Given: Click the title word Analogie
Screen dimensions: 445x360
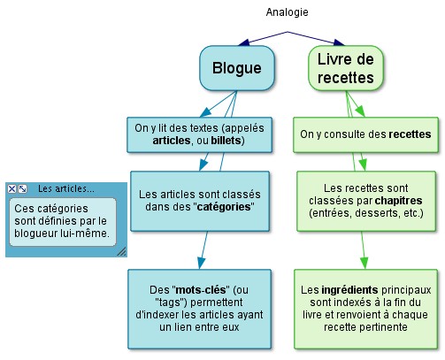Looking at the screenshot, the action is point(287,12).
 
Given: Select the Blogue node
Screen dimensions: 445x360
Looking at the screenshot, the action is point(237,68).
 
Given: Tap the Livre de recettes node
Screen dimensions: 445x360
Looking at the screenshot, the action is point(346,68).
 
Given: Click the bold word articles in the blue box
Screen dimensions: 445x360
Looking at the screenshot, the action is point(172,141).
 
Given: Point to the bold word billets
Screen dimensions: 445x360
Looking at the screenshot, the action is point(226,141).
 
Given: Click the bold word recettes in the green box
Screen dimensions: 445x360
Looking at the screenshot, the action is point(410,134).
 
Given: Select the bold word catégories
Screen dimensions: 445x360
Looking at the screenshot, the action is point(224,207).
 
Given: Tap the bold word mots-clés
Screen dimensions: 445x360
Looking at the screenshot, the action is point(201,290).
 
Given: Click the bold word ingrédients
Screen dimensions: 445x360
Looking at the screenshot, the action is point(349,290).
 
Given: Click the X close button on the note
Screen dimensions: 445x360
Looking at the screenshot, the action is point(12,188).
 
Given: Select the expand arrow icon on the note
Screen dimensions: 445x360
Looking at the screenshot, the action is point(22,188).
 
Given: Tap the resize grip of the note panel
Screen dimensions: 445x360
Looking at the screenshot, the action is point(122,251).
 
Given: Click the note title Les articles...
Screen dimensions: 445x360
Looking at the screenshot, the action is point(66,188).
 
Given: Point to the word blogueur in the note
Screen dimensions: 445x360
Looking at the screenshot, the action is point(35,234).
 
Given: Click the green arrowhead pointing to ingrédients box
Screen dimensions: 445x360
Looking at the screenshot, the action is point(364,263).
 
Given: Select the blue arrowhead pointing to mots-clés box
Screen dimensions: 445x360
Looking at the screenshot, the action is point(202,263).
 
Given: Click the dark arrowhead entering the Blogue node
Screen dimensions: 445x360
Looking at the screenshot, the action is point(244,43).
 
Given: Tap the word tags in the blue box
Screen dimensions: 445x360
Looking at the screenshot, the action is point(172,303).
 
